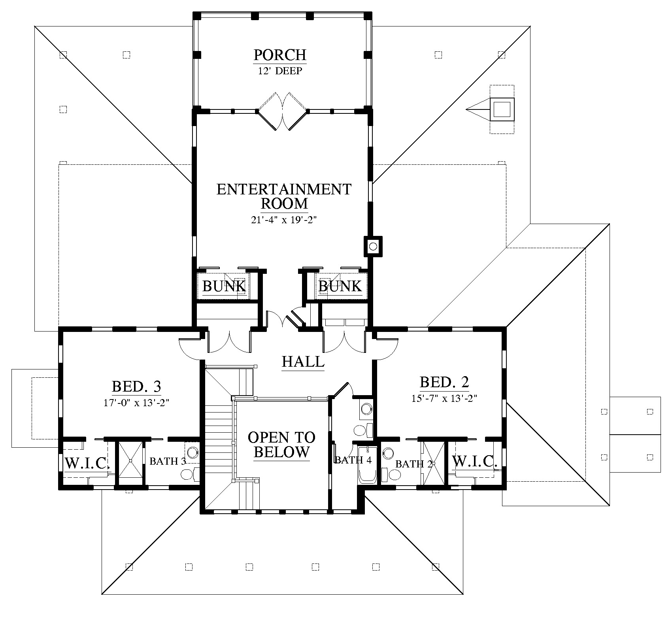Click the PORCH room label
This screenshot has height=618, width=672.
coord(280,55)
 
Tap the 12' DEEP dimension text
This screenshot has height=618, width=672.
coord(280,71)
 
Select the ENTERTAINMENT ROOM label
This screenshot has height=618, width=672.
coord(284,196)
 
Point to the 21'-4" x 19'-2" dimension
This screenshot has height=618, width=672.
coord(284,220)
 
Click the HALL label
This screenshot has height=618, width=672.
coord(303,361)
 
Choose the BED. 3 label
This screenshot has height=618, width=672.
coord(136,386)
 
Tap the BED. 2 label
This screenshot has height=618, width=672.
coord(444,382)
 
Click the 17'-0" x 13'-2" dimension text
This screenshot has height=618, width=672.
coord(136,403)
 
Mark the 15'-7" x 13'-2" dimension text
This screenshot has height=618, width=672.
coord(444,398)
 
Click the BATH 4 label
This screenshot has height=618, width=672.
coord(353,460)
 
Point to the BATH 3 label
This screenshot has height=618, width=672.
coord(168,461)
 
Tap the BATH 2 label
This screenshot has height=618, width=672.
coord(414,464)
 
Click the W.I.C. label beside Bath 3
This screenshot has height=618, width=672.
coord(87,463)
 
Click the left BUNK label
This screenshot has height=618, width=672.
coord(224,286)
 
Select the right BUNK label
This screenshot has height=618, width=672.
coord(340,286)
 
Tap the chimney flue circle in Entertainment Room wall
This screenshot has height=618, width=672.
coord(373,247)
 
